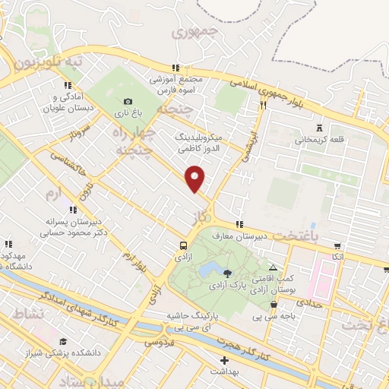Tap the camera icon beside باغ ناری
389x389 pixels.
(128, 102)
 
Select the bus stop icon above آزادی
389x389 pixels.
(183, 246)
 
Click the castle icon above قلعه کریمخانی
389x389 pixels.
(318, 127)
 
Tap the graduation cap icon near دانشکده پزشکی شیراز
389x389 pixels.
(63, 341)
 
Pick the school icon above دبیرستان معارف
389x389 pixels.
(240, 224)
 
